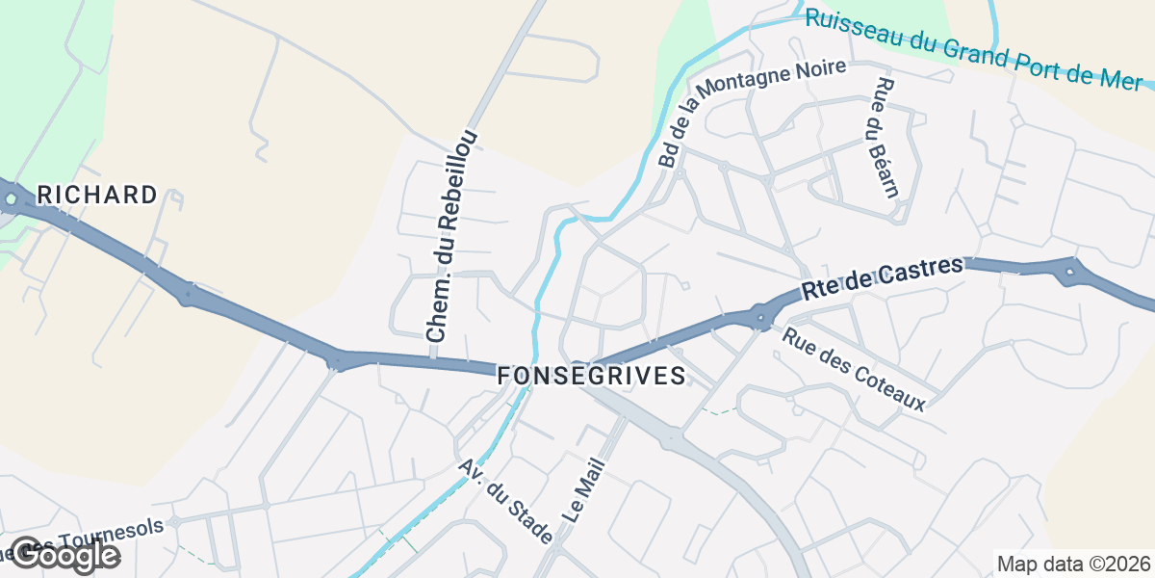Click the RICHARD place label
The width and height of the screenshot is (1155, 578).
pyautogui.click(x=96, y=196)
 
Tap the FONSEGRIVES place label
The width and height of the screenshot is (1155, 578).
pyautogui.click(x=592, y=376)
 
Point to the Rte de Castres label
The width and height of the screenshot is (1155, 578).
pyautogui.click(x=883, y=276)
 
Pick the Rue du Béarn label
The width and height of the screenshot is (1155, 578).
pyautogui.click(x=883, y=136)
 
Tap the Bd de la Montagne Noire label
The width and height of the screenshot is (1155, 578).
pyautogui.click(x=751, y=112)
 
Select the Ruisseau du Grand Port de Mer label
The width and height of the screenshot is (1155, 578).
pyautogui.click(x=972, y=48)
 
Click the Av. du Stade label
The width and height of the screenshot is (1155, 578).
pyautogui.click(x=505, y=501)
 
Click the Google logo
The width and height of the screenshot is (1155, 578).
pyautogui.click(x=64, y=555)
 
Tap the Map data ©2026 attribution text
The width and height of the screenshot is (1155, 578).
pyautogui.click(x=1073, y=564)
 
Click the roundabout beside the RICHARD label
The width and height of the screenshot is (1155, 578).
pyautogui.click(x=11, y=200)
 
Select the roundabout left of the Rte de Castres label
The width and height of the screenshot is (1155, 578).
pyautogui.click(x=762, y=316)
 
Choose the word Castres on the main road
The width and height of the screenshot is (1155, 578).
pyautogui.click(x=923, y=269)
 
